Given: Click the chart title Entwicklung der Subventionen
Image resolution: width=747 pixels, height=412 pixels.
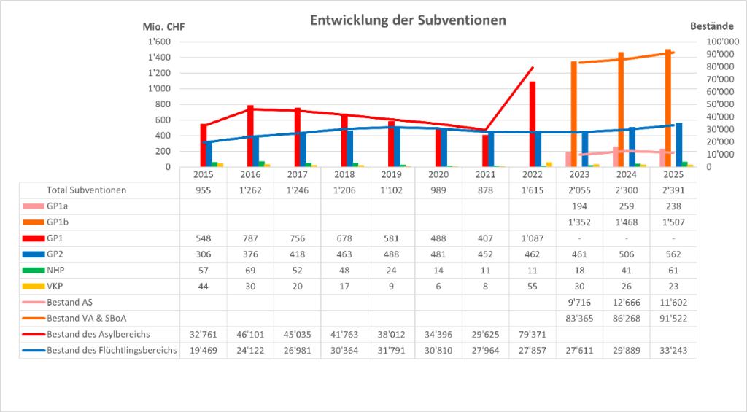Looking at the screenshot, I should click(x=408, y=20).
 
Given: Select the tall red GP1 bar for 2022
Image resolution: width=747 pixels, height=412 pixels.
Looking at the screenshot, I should click(x=532, y=124).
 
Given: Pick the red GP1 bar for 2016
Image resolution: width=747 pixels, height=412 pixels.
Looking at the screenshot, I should click(x=250, y=136).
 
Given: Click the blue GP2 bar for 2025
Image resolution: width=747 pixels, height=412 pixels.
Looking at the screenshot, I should click(x=679, y=144).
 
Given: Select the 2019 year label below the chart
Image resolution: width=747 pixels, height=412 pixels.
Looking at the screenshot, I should click(x=391, y=175).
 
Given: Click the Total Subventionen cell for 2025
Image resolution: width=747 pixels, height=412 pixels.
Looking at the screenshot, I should click(x=673, y=190).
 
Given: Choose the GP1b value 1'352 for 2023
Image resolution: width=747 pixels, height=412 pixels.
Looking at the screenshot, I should click(x=580, y=222).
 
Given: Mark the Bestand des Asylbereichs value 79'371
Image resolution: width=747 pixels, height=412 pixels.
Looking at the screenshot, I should click(x=533, y=335).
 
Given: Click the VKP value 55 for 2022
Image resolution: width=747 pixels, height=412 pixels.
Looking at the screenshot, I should click(x=533, y=286).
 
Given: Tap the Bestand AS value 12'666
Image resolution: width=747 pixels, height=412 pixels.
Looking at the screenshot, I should click(x=627, y=302).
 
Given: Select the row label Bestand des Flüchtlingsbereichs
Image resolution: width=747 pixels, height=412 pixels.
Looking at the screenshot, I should click(x=111, y=351).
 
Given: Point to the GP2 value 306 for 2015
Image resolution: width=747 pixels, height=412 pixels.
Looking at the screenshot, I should click(x=204, y=254).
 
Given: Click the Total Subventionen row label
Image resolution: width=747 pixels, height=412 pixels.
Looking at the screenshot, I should click(x=87, y=190).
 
